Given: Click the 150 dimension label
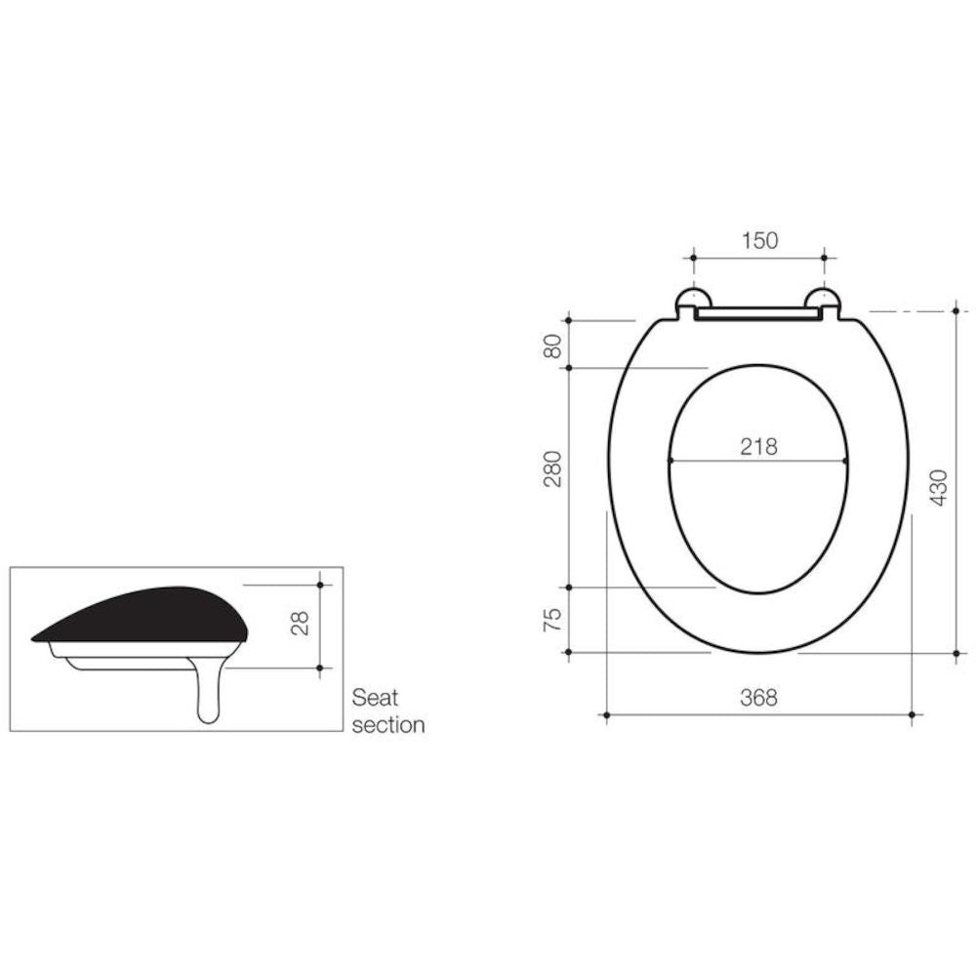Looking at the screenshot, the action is (x=759, y=240).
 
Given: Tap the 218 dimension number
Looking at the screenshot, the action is (x=758, y=447).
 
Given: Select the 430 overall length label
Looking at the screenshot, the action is (x=939, y=487).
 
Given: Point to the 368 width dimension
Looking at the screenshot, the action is (x=758, y=698).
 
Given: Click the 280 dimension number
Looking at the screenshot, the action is (x=552, y=468).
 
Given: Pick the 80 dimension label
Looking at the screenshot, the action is (x=552, y=346).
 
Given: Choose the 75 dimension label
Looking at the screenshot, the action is (x=552, y=620).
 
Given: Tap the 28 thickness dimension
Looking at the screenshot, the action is (x=300, y=623).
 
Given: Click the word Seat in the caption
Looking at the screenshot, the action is (x=375, y=698).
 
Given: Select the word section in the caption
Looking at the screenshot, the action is (x=388, y=725).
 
